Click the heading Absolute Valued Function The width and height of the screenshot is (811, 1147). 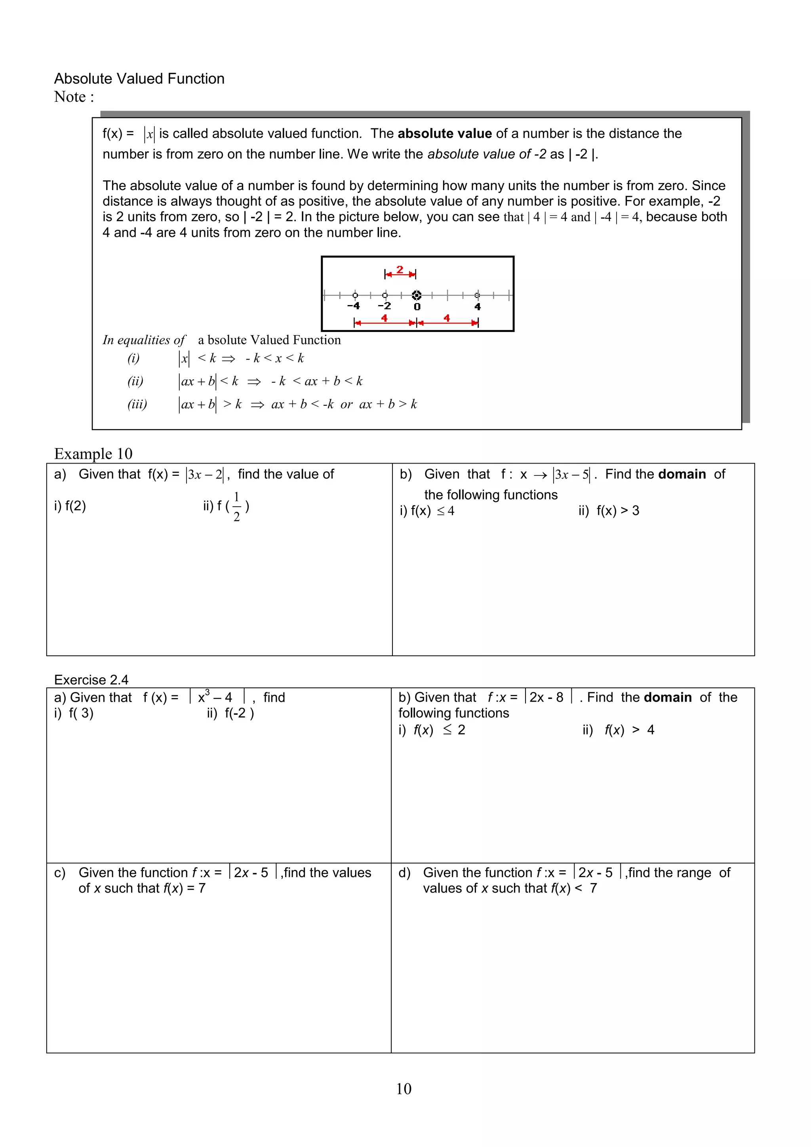pyautogui.click(x=139, y=78)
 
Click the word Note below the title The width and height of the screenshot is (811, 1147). pyautogui.click(x=70, y=97)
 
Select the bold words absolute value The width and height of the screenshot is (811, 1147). pyautogui.click(x=444, y=134)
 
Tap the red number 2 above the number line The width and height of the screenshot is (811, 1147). pyautogui.click(x=400, y=270)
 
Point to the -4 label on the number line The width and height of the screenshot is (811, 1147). pyautogui.click(x=353, y=306)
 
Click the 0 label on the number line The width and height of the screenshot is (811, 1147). pyautogui.click(x=417, y=307)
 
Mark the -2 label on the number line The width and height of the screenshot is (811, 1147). pyautogui.click(x=384, y=306)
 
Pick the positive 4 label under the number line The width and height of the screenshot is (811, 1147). pyautogui.click(x=478, y=307)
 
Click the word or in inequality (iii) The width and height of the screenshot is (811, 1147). pyautogui.click(x=346, y=404)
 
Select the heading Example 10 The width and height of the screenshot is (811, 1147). pyautogui.click(x=93, y=454)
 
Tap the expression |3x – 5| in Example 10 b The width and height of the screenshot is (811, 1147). pyautogui.click(x=571, y=475)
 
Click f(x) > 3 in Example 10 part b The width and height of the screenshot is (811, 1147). pyautogui.click(x=618, y=511)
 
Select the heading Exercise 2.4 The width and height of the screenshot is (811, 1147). pyautogui.click(x=91, y=680)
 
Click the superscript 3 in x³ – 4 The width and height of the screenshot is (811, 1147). pyautogui.click(x=207, y=692)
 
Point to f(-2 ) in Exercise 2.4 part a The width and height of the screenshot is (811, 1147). pyautogui.click(x=239, y=714)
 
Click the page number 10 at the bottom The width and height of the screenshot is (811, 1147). pyautogui.click(x=404, y=1089)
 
